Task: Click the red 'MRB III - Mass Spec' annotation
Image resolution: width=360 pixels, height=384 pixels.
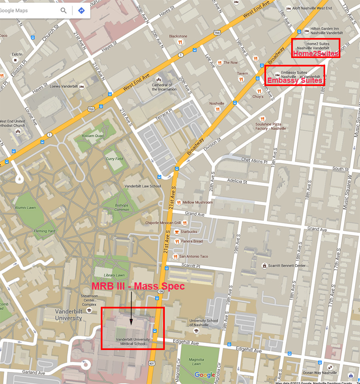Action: tap(138, 286)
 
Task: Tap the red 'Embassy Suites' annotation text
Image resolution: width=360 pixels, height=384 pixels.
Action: tap(294, 81)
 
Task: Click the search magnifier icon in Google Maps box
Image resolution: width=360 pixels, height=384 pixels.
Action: tap(64, 10)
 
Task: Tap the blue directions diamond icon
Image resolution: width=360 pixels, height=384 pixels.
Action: tap(81, 10)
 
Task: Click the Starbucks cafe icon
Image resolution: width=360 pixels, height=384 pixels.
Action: tap(176, 232)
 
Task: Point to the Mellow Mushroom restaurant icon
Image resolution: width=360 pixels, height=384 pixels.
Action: tap(178, 202)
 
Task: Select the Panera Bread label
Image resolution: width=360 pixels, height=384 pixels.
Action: tap(192, 241)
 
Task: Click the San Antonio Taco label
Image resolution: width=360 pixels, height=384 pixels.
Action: tap(194, 256)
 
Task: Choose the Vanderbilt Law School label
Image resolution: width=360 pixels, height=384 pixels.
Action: tap(142, 186)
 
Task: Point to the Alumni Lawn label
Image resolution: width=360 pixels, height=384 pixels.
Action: tap(25, 208)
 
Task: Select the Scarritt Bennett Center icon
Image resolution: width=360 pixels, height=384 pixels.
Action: tap(264, 266)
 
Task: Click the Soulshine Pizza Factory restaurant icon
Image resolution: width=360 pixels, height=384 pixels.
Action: tap(262, 118)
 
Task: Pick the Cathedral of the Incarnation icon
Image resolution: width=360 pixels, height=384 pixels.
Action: tap(158, 79)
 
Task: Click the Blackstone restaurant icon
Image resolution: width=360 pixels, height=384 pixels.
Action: tap(180, 42)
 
